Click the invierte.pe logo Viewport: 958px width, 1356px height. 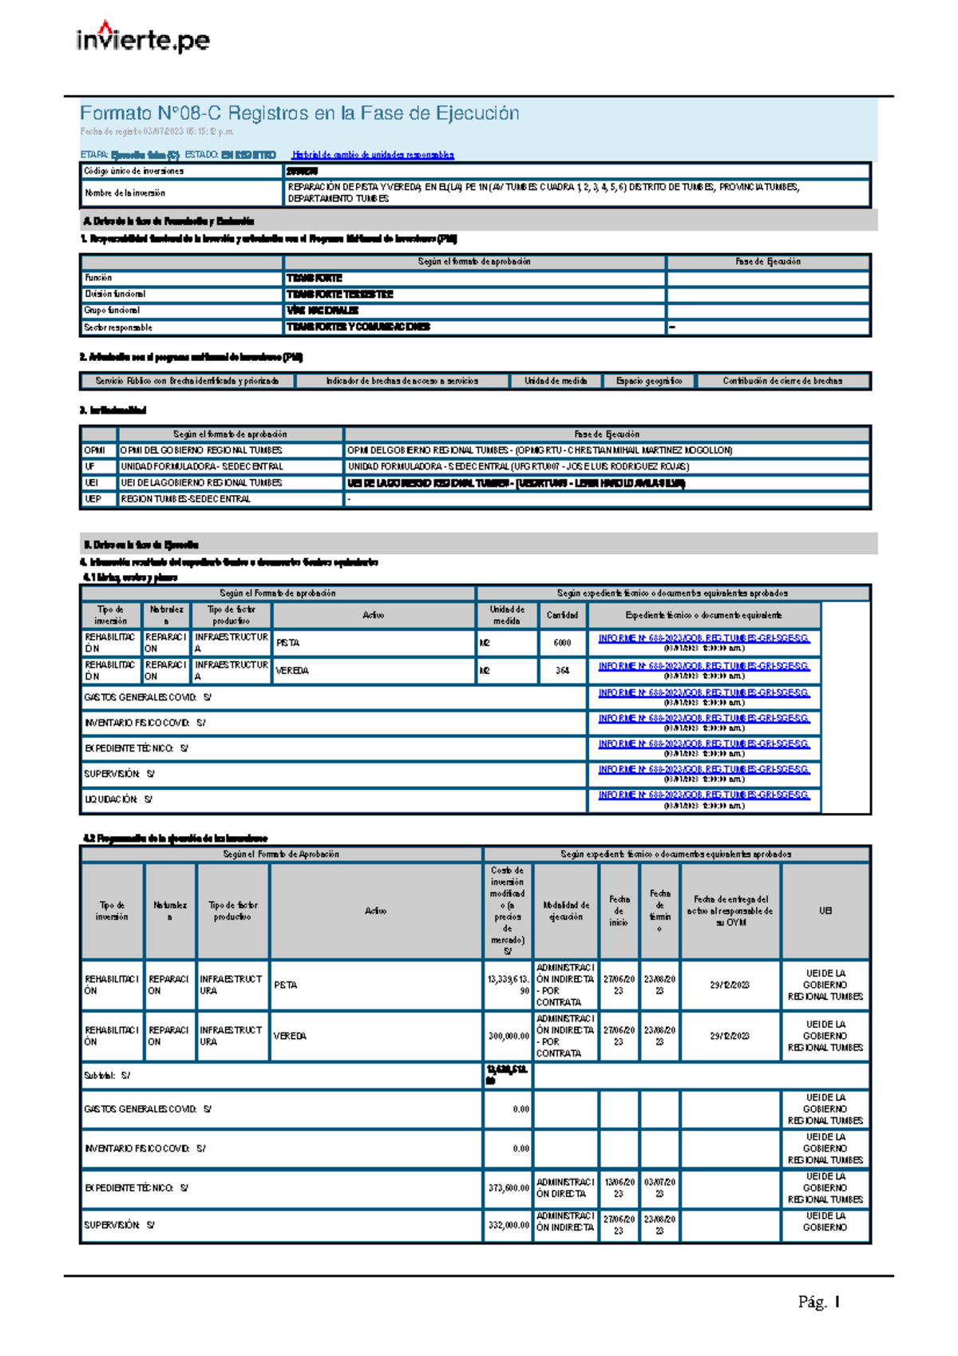(143, 38)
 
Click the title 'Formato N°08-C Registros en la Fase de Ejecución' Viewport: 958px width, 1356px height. (299, 113)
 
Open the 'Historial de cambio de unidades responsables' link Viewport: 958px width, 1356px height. (373, 155)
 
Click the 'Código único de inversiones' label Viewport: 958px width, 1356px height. (133, 171)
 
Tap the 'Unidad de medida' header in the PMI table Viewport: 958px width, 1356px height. (556, 381)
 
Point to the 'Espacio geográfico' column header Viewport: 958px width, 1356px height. (649, 381)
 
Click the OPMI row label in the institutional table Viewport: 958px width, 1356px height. (94, 450)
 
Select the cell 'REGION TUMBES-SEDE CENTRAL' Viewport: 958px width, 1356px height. (185, 499)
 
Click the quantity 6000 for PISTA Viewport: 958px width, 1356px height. (562, 643)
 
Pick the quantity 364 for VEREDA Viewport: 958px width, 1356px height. (562, 671)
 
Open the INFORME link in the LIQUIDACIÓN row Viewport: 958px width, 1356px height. (703, 795)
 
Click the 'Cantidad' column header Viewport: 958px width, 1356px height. (562, 615)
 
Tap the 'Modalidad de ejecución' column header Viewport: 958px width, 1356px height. (566, 911)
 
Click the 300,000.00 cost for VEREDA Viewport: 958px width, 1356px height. (509, 1036)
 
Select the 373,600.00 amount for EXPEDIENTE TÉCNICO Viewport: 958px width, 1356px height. (509, 1188)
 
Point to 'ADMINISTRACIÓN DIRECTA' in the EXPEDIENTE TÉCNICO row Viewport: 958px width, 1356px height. (565, 1188)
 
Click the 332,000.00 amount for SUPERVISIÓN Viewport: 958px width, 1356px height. (509, 1225)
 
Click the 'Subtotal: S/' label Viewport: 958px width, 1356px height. (107, 1076)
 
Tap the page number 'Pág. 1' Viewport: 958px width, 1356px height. (818, 1302)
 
